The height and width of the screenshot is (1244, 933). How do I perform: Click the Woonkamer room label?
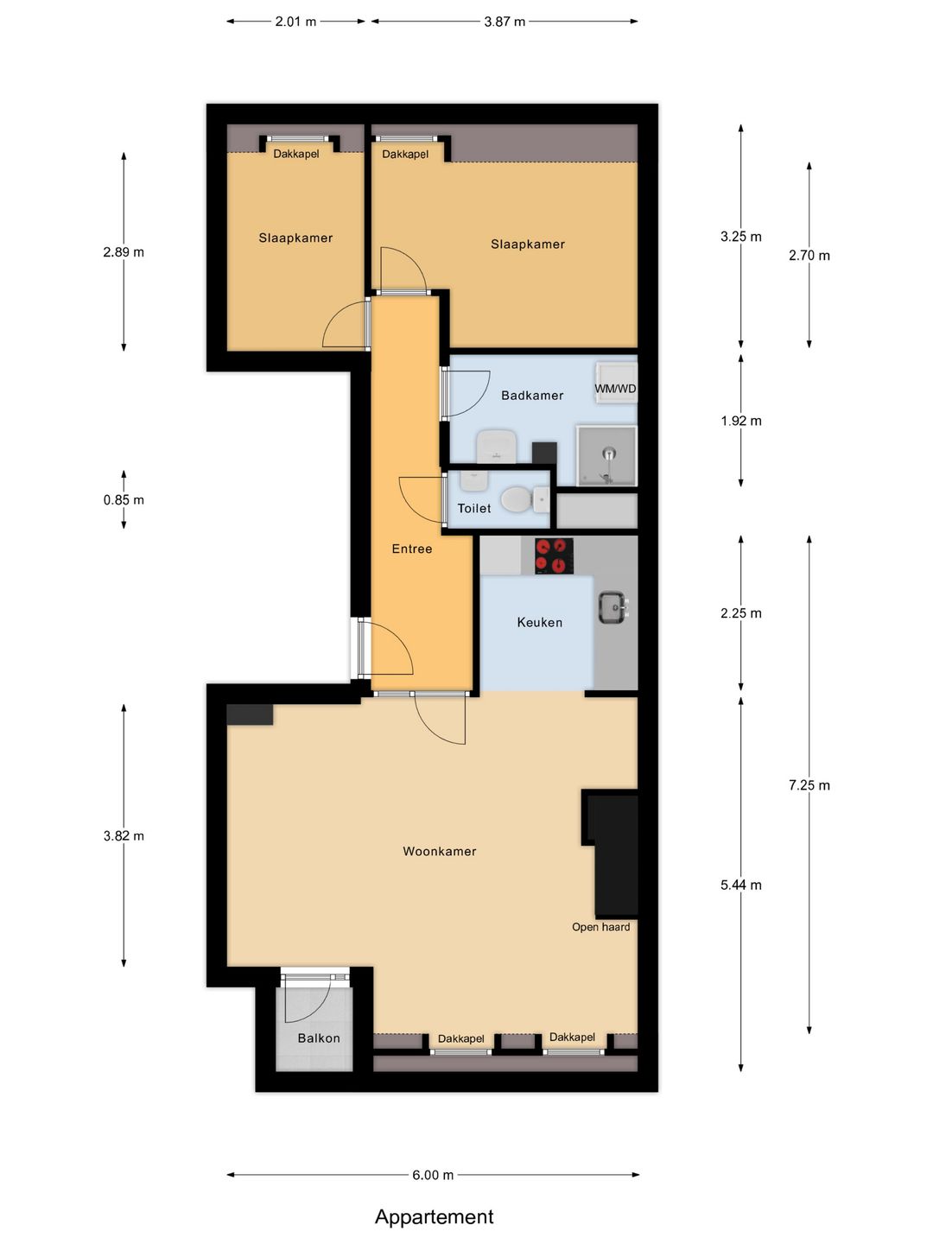pyautogui.click(x=439, y=851)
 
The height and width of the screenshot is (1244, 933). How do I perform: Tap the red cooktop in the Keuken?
pyautogui.click(x=554, y=556)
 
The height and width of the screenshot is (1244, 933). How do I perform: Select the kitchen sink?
pyautogui.click(x=612, y=607)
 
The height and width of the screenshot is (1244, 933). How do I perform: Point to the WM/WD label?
pyautogui.click(x=615, y=389)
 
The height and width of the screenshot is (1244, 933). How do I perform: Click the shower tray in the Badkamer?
pyautogui.click(x=607, y=455)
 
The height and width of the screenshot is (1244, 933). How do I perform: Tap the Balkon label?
pyautogui.click(x=319, y=1038)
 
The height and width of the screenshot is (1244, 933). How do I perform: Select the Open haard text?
pyautogui.click(x=600, y=927)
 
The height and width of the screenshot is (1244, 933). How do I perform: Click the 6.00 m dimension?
pyautogui.click(x=433, y=1175)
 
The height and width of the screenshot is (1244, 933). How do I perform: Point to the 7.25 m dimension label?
pyautogui.click(x=809, y=785)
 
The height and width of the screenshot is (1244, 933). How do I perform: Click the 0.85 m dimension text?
pyautogui.click(x=124, y=500)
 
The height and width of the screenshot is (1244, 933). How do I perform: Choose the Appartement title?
pyautogui.click(x=434, y=1216)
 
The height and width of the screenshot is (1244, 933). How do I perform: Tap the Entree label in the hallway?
pyautogui.click(x=411, y=549)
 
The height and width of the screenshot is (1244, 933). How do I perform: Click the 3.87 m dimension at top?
pyautogui.click(x=505, y=22)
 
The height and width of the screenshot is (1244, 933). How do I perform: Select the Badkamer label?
pyautogui.click(x=532, y=396)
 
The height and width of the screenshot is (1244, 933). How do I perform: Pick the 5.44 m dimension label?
pyautogui.click(x=740, y=885)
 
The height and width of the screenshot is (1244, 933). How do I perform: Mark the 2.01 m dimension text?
pyautogui.click(x=295, y=22)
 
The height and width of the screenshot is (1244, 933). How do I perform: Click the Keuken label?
pyautogui.click(x=539, y=622)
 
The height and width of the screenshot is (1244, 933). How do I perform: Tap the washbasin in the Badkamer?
pyautogui.click(x=497, y=446)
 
